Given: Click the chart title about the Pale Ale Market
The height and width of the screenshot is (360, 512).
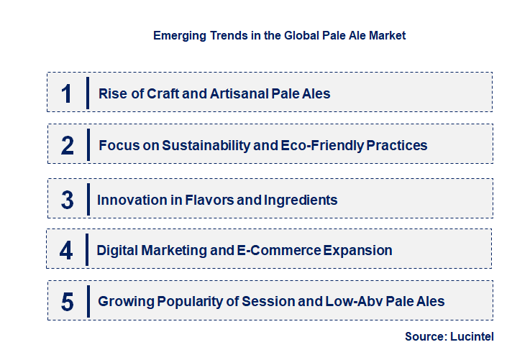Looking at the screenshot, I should [x=279, y=35].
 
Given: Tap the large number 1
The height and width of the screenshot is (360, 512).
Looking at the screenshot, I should [x=67, y=93].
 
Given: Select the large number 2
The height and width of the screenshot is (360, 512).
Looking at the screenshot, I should [x=67, y=145].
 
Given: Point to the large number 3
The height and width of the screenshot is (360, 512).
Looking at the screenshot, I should [x=67, y=199].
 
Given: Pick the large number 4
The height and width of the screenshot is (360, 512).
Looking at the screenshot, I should [x=67, y=250].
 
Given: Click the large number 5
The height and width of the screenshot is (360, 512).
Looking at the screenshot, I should [x=67, y=302].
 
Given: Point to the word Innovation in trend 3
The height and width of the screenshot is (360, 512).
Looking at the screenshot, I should [x=129, y=199].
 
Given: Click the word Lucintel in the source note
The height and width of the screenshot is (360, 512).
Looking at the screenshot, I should [x=474, y=336].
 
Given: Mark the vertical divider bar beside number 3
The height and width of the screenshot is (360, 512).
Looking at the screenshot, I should [x=87, y=198].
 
